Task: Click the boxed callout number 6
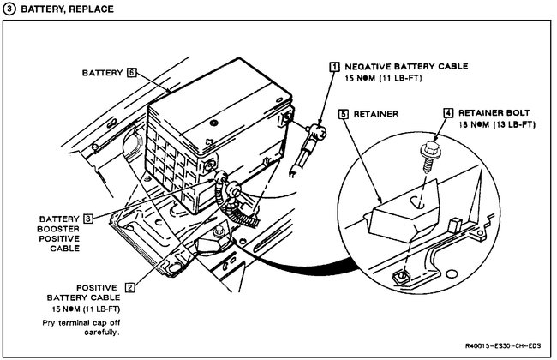pos(131,73)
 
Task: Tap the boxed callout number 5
pos(343,111)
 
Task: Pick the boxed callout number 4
pos(448,111)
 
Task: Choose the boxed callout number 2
pos(130,288)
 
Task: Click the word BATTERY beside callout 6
pos(102,73)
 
